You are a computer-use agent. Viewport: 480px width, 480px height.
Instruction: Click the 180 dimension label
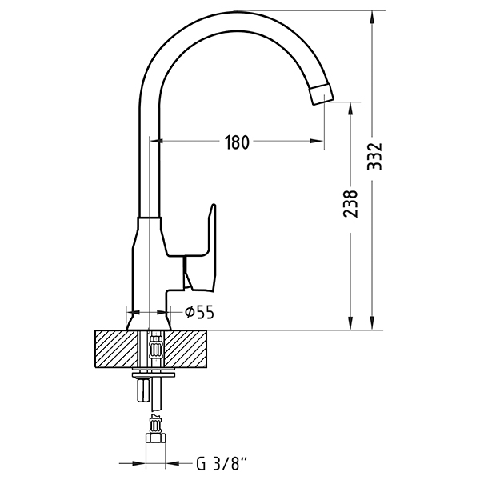pyautogui.click(x=238, y=142)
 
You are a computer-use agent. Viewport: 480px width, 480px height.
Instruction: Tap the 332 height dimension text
pyautogui.click(x=375, y=156)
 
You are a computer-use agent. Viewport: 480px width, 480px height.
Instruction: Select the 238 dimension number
pyautogui.click(x=350, y=203)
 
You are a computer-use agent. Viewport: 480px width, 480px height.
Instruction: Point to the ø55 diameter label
pyautogui.click(x=200, y=313)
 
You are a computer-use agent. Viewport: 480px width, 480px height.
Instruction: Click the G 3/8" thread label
pyautogui.click(x=222, y=464)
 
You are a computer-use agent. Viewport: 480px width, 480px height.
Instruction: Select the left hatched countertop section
pyautogui.click(x=116, y=349)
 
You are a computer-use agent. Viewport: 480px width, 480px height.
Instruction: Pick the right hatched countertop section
pyautogui.click(x=186, y=349)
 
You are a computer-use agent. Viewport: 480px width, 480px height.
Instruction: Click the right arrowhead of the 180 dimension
pyautogui.click(x=317, y=141)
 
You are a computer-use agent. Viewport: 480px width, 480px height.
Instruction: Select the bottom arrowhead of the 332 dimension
pyautogui.click(x=372, y=323)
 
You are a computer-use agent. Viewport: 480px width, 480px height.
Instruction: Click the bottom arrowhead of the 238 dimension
pyautogui.click(x=350, y=323)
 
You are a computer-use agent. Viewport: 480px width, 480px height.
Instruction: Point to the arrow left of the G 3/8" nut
pyautogui.click(x=132, y=464)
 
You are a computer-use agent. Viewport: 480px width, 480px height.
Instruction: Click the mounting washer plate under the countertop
pyautogui.click(x=154, y=374)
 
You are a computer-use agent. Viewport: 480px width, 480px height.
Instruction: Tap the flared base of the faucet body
pyautogui.click(x=149, y=321)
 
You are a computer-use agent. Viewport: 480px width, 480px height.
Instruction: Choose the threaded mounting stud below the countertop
pyautogui.click(x=143, y=391)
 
